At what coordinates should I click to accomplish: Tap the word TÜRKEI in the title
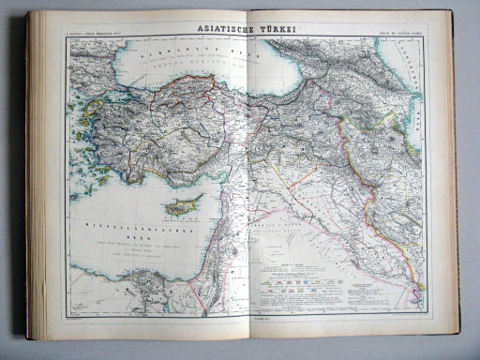point(277,28)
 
